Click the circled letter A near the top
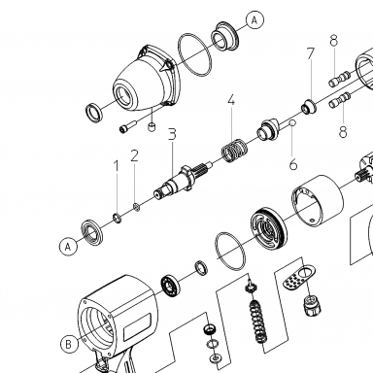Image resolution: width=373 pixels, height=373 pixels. pyautogui.click(x=254, y=20)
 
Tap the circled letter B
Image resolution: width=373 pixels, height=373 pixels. pyautogui.click(x=69, y=344)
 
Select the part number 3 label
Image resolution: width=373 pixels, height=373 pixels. pyautogui.click(x=172, y=134)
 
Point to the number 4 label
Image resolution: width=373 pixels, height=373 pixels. pyautogui.click(x=231, y=100)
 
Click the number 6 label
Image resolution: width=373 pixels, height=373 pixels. pyautogui.click(x=293, y=164)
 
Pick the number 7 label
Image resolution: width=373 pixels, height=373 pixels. pyautogui.click(x=311, y=53)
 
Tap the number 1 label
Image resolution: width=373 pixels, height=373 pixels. pyautogui.click(x=116, y=166)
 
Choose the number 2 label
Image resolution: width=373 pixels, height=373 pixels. pyautogui.click(x=135, y=155)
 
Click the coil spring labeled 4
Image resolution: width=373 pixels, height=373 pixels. pyautogui.click(x=234, y=151)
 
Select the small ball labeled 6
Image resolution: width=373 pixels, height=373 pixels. pyautogui.click(x=292, y=123)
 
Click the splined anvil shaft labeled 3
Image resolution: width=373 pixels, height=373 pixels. pyautogui.click(x=182, y=180)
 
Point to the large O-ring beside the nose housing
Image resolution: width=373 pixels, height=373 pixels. pyautogui.click(x=195, y=54)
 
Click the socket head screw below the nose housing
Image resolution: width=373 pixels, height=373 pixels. pyautogui.click(x=128, y=126)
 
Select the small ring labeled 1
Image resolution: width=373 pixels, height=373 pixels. pyautogui.click(x=118, y=218)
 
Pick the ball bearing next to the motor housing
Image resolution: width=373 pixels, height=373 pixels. pyautogui.click(x=170, y=285)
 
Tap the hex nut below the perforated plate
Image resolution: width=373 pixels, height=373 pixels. pyautogui.click(x=313, y=306)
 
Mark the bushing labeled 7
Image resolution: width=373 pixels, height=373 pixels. pyautogui.click(x=309, y=107)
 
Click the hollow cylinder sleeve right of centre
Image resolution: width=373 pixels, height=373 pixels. pyautogui.click(x=318, y=201)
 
